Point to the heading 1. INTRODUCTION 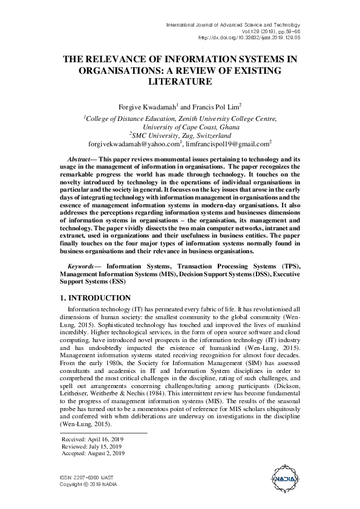(96, 299)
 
